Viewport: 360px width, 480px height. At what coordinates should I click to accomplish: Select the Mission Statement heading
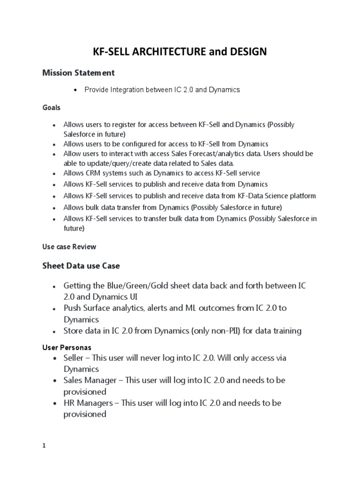[x=78, y=73]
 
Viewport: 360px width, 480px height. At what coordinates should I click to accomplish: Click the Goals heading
[x=51, y=107]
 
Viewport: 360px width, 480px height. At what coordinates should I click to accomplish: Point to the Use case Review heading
[x=69, y=247]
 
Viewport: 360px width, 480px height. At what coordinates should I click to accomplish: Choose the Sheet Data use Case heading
[x=81, y=266]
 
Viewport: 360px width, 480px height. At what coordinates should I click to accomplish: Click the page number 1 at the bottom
[x=44, y=446]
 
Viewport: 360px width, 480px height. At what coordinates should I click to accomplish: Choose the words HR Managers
[x=88, y=403]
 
